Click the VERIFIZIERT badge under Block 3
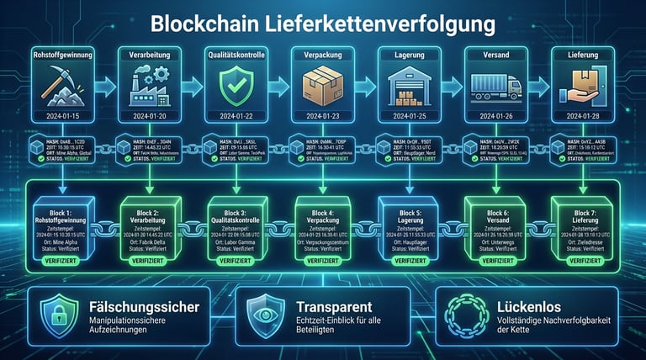coord(235,261)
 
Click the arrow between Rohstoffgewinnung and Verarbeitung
coord(106,85)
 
